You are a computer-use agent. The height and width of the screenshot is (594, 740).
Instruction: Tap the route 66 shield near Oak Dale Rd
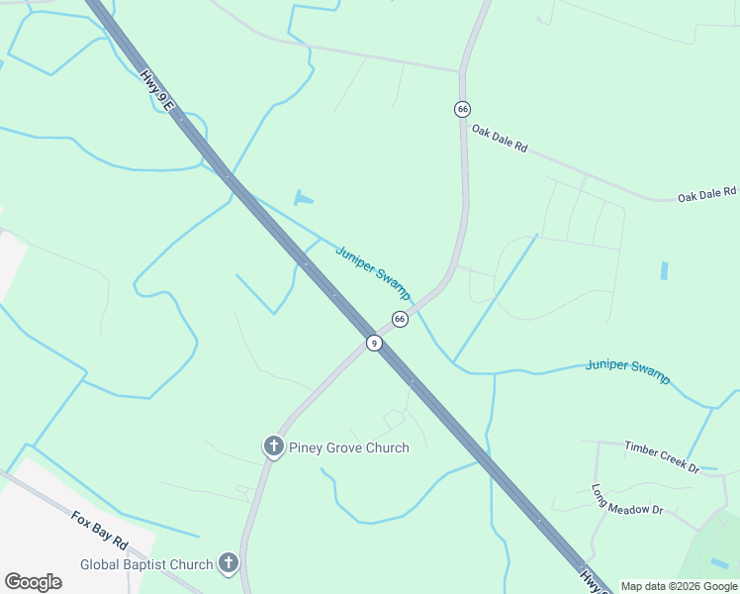462,109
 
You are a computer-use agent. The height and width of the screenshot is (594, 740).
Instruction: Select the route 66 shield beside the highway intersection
400,319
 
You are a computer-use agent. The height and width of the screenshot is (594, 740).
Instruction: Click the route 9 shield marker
373,344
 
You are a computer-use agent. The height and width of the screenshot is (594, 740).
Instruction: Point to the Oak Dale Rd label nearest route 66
500,139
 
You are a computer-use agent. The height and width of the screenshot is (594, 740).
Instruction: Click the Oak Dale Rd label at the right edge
707,195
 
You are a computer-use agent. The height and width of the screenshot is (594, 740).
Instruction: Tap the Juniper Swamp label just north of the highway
373,272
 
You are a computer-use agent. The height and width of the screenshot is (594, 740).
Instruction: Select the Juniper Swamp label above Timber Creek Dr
627,370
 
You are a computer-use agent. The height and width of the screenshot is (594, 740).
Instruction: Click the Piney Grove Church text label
348,447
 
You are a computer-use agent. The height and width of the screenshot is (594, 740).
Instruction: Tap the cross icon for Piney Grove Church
273,447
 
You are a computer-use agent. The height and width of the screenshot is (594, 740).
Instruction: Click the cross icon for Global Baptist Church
229,564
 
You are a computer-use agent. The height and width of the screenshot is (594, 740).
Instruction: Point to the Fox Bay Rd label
100,532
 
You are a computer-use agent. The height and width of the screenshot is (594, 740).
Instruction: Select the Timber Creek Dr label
662,455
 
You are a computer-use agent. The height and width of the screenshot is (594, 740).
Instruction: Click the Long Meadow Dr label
627,499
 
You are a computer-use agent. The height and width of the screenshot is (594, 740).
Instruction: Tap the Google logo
33,582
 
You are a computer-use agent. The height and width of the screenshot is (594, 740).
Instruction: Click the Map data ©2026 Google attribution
679,586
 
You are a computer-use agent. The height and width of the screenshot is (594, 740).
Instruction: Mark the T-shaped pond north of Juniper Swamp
303,197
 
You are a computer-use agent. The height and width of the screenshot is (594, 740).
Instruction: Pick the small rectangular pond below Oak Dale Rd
664,270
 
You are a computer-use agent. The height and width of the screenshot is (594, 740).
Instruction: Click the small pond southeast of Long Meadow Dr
719,563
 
